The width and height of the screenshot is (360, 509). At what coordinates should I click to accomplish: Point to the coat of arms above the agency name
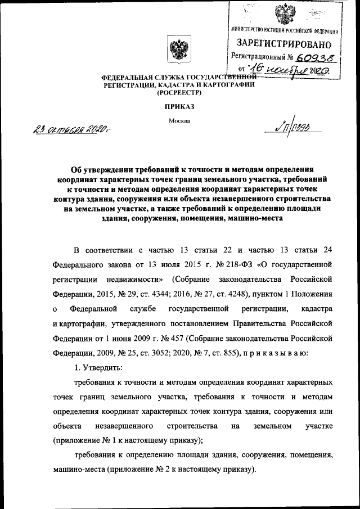coord(178,50)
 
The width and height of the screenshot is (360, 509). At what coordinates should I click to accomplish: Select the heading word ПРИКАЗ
coord(179,106)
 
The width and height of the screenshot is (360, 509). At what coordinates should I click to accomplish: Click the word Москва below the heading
coord(179,120)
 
